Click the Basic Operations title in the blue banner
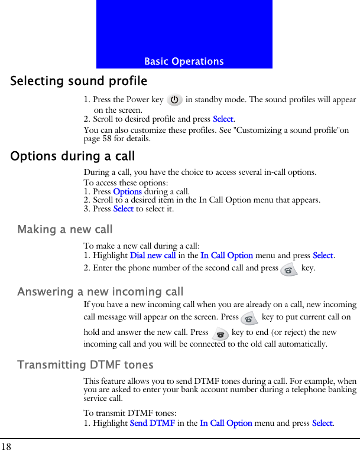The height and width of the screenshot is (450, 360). point(184,61)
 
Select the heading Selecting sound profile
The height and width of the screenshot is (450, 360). point(79,81)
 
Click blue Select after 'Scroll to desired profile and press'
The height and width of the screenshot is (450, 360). point(223,119)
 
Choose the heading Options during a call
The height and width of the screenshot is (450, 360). point(73,156)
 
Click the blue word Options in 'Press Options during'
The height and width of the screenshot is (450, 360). point(127,191)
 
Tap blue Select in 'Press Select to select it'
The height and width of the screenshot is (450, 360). point(123,208)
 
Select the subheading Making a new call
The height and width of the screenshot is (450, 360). point(65,229)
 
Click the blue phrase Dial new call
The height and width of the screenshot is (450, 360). point(153,256)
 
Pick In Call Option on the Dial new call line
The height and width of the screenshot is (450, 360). point(226,256)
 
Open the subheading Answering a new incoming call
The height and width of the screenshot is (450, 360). point(100,292)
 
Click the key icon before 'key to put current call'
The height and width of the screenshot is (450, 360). point(249,318)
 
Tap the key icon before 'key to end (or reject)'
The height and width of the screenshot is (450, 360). point(220,334)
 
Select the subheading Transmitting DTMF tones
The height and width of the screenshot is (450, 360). point(86,365)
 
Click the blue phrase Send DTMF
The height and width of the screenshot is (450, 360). point(152,423)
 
